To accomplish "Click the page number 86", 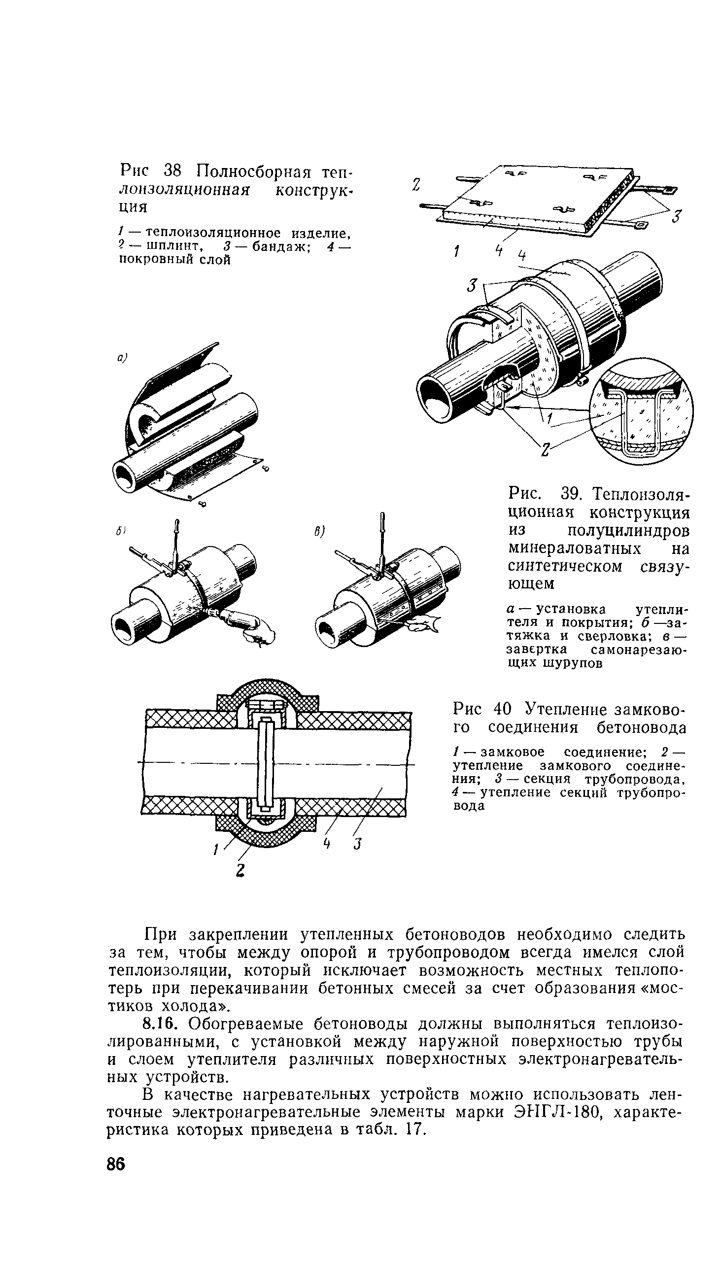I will tap(116, 1164).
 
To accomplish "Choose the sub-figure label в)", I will tap(319, 532).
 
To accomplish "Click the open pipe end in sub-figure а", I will tap(127, 475).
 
